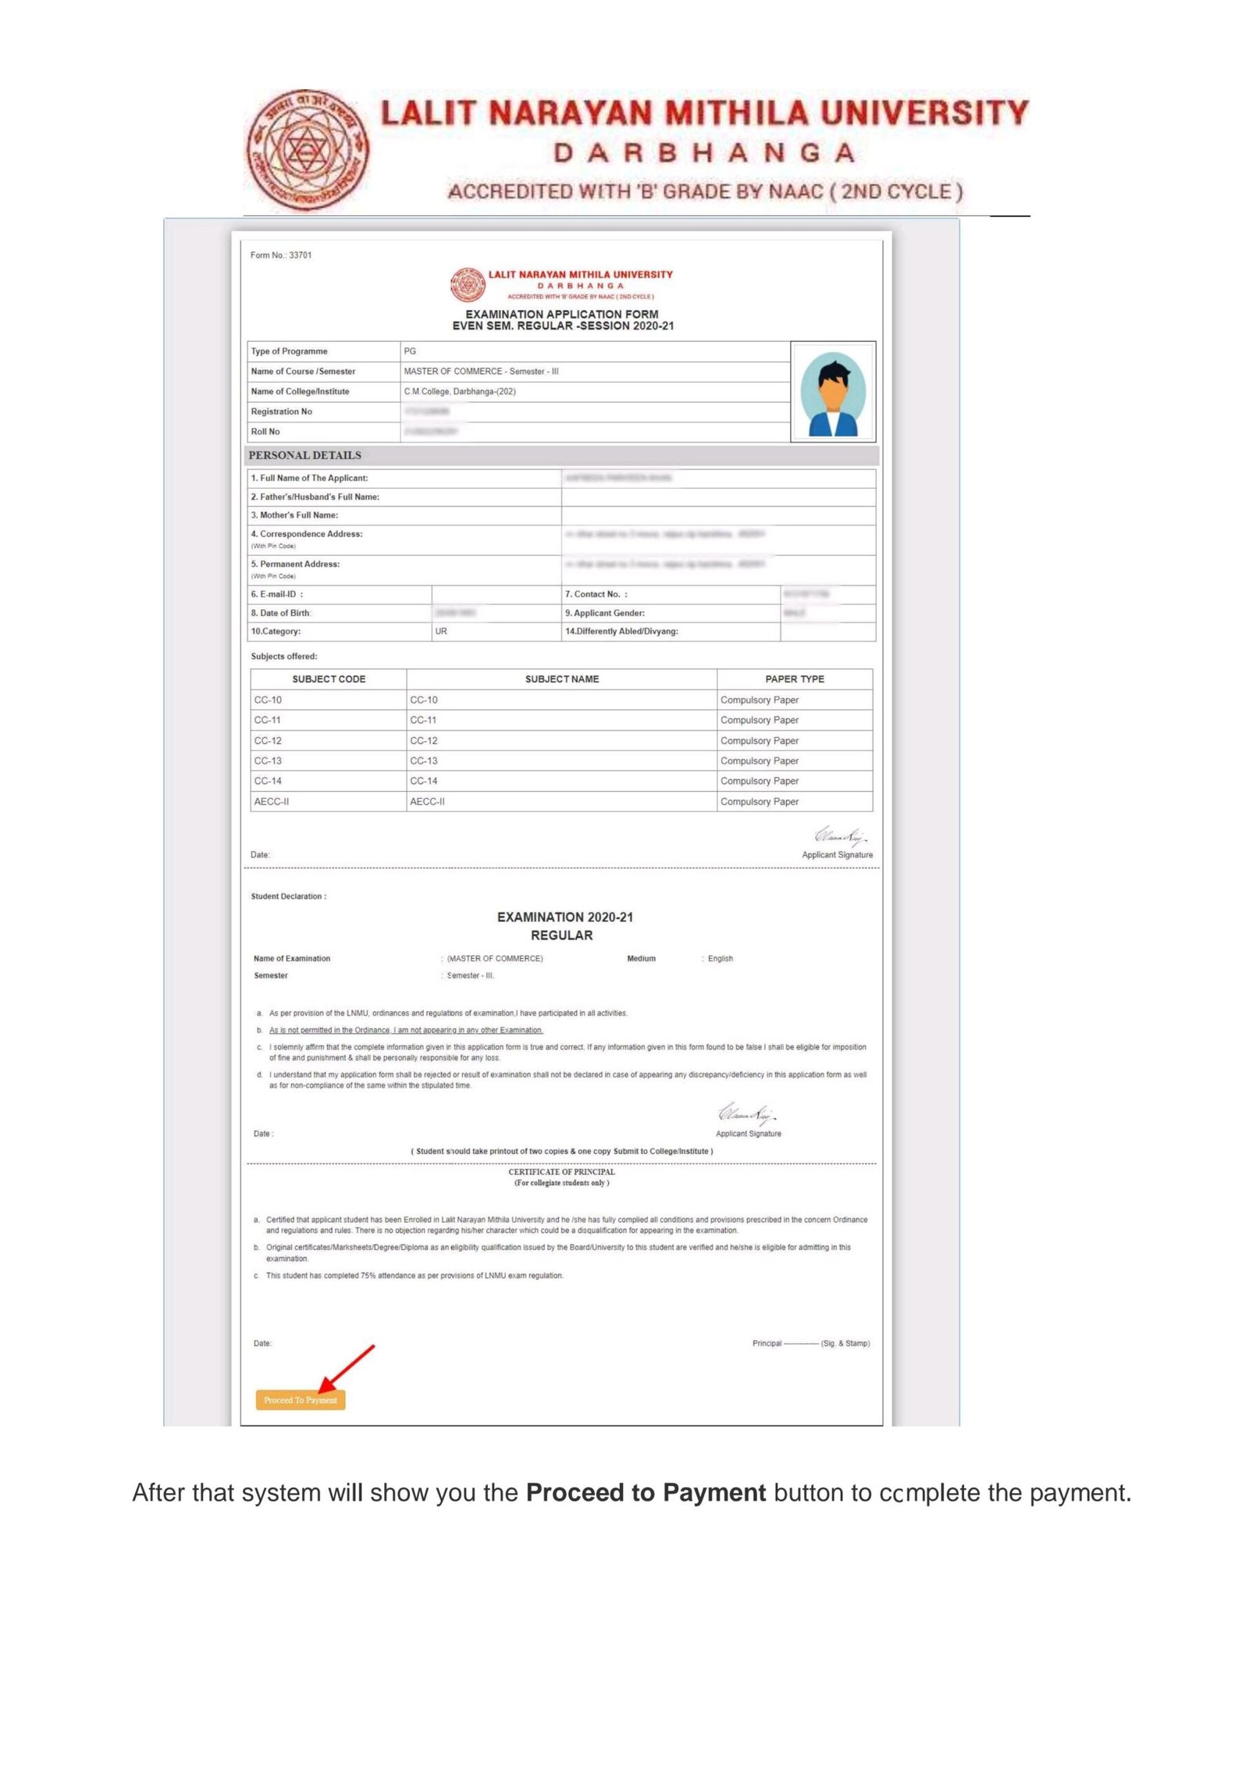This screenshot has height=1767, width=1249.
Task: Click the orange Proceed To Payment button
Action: pos(300,1399)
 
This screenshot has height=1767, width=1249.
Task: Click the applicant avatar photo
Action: pos(832,392)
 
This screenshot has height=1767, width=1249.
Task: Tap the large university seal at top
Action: pos(308,150)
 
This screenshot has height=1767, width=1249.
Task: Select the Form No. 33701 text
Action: pos(281,255)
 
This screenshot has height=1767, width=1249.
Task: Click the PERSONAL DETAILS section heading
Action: pos(304,455)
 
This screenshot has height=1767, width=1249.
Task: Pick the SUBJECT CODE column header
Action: pos(329,679)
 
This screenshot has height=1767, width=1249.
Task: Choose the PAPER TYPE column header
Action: pos(794,679)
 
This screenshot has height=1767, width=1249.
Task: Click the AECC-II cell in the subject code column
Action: pos(272,801)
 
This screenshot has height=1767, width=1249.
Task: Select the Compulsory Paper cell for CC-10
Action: pos(759,700)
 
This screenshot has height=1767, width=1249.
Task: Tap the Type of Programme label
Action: pos(289,351)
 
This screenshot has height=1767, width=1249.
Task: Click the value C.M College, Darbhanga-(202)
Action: pos(459,391)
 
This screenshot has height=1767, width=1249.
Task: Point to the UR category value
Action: pos(441,631)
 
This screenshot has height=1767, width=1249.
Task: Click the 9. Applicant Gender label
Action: pos(604,613)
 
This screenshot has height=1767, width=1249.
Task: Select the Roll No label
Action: pos(265,432)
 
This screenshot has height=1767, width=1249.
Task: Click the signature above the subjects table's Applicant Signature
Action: pos(840,836)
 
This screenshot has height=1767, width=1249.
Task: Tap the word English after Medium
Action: pos(720,958)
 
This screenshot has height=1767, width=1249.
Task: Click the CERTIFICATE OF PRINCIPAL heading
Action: pos(561,1171)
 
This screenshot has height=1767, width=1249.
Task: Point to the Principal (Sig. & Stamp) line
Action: pos(810,1343)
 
